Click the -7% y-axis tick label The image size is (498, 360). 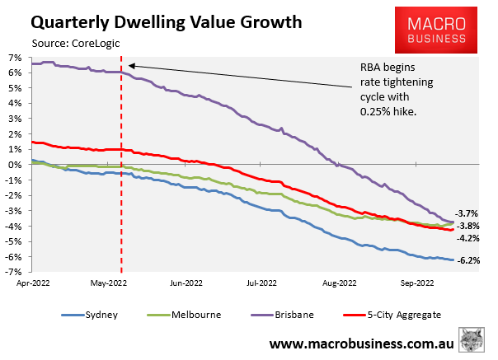[13, 272]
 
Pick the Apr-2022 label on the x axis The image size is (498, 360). [30, 283]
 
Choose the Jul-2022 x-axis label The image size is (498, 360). [261, 283]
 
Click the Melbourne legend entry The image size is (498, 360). [182, 314]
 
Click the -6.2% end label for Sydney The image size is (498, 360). [470, 261]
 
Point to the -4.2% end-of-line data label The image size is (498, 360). [470, 239]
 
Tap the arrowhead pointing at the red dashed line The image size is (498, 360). [130, 65]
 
